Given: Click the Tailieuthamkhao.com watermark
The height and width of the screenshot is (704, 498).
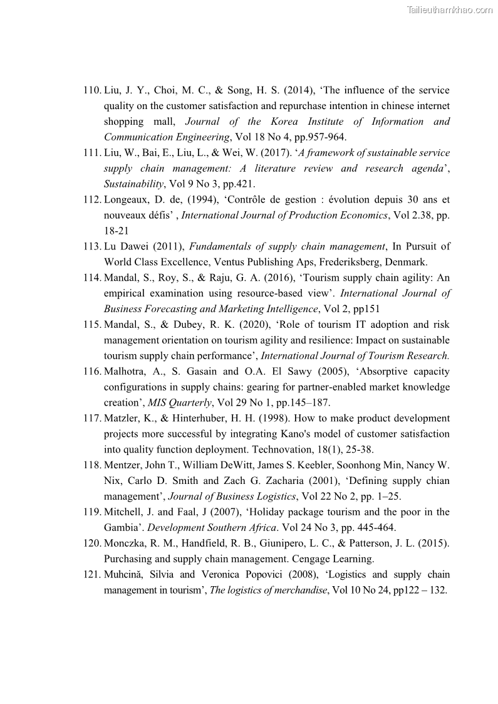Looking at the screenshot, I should point(449,9).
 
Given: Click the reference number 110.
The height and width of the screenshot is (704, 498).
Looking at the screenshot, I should point(91,90).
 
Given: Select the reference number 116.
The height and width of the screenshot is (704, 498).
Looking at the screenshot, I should point(91,371).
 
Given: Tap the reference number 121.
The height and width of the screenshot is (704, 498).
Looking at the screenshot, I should point(91,574).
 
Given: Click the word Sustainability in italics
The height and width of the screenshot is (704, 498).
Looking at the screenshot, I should point(133,184).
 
